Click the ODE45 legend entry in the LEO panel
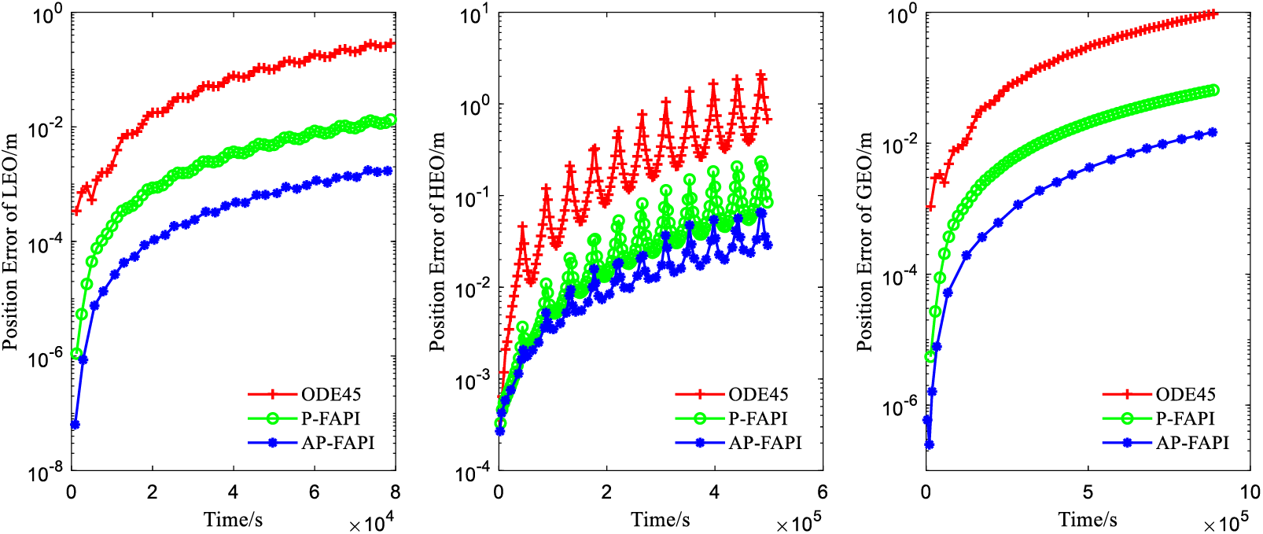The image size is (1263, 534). (x=331, y=394)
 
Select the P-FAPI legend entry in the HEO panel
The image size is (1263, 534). (x=757, y=418)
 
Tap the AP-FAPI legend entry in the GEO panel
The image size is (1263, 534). (x=1191, y=443)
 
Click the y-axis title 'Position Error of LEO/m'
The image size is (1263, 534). (x=10, y=242)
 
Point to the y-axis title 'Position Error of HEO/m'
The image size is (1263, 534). (x=437, y=242)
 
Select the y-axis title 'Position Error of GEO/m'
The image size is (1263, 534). (x=864, y=242)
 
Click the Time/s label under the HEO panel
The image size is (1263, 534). (x=661, y=519)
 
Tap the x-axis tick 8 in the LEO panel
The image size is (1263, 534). (x=395, y=492)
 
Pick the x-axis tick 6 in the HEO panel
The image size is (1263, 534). (x=823, y=492)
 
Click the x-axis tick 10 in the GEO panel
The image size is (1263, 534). (x=1250, y=492)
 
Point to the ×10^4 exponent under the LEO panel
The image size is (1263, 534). (x=371, y=523)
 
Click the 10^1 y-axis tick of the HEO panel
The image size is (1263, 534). (x=474, y=15)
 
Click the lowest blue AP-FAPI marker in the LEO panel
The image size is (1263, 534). (x=75, y=425)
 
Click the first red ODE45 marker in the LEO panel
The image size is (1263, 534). (x=76, y=212)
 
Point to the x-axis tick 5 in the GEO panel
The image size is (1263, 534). (x=1088, y=492)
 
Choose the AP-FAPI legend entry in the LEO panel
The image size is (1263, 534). (x=337, y=443)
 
